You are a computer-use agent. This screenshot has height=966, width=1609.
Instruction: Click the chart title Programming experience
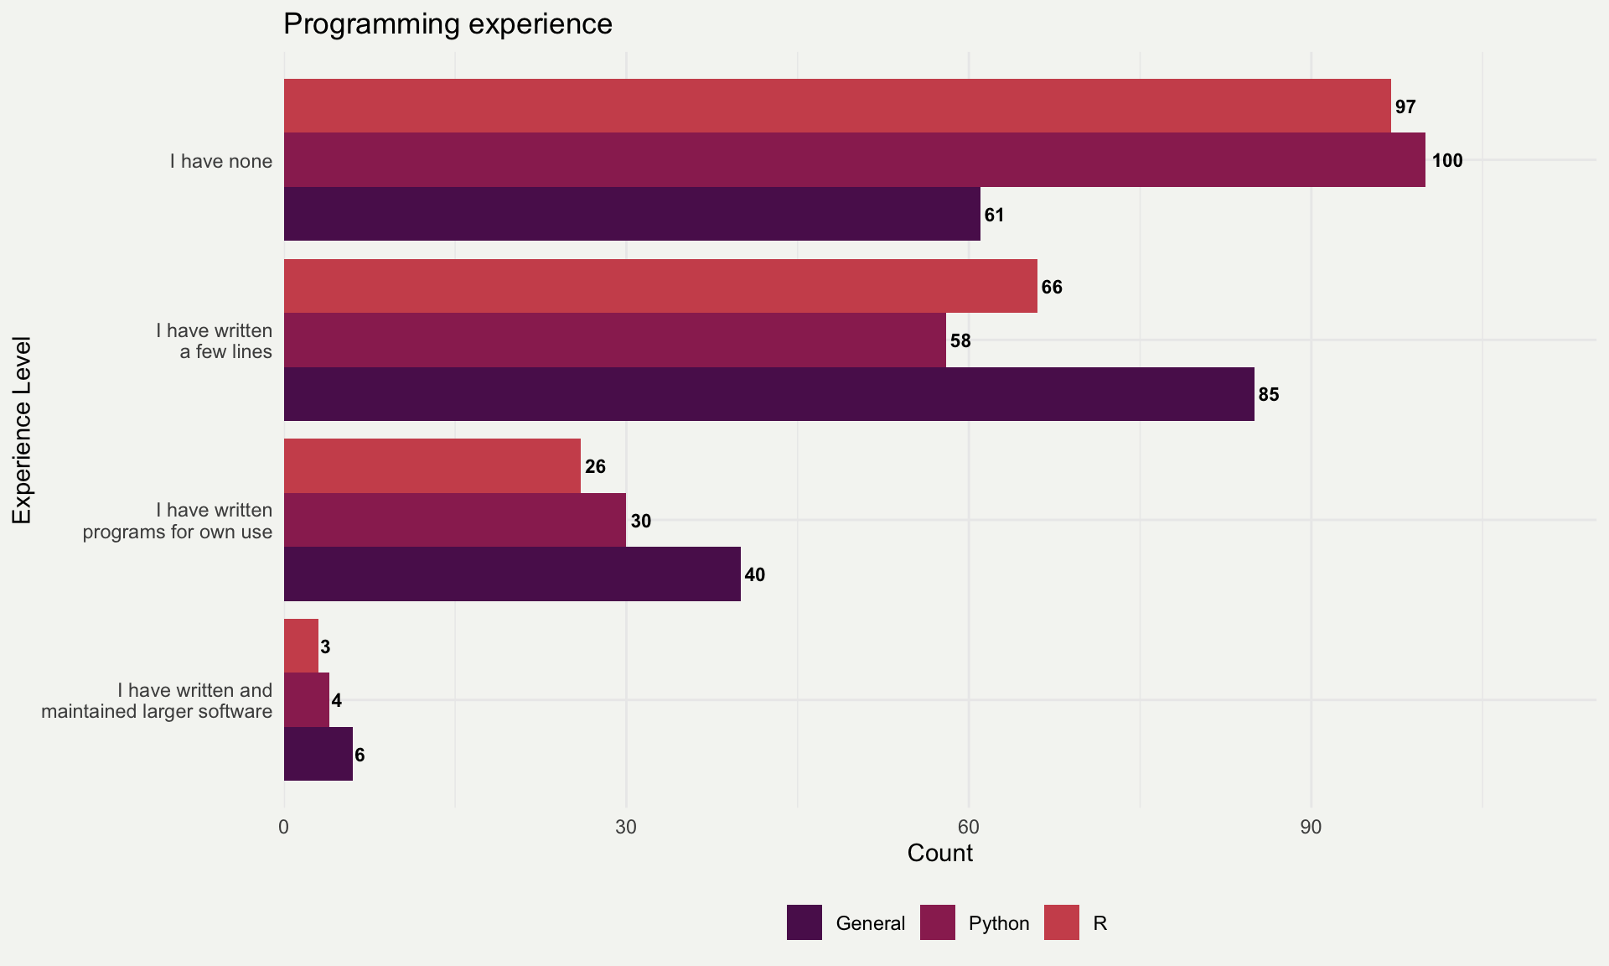pyautogui.click(x=448, y=23)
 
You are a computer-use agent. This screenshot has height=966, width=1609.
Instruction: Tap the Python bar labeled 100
pyautogui.click(x=854, y=159)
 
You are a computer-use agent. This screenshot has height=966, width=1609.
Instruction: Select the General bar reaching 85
pyautogui.click(x=768, y=394)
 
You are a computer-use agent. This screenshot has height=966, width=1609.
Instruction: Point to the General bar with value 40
pyautogui.click(x=512, y=574)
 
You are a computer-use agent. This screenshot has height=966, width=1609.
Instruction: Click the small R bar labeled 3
pyautogui.click(x=301, y=646)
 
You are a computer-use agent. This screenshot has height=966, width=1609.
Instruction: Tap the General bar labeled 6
pyautogui.click(x=318, y=754)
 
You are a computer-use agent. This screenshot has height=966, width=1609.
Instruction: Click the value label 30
pyautogui.click(x=640, y=521)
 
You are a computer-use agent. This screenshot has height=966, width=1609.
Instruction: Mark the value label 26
pyautogui.click(x=595, y=466)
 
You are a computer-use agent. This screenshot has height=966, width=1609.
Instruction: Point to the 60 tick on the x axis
pyautogui.click(x=969, y=827)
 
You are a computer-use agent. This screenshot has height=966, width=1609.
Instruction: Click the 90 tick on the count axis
pyautogui.click(x=1311, y=827)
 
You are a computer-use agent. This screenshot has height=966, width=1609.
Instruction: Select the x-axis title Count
pyautogui.click(x=939, y=853)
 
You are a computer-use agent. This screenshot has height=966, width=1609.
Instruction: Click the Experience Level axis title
pyautogui.click(x=22, y=430)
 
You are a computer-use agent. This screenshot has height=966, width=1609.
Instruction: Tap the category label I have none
pyautogui.click(x=220, y=161)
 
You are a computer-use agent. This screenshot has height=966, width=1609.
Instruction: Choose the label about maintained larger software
pyautogui.click(x=157, y=701)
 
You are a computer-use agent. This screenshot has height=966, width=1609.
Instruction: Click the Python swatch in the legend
pyautogui.click(x=937, y=922)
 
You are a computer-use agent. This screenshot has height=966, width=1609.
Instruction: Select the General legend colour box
pyautogui.click(x=804, y=922)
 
